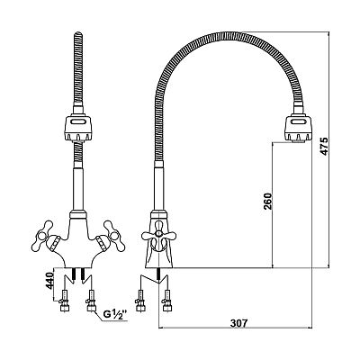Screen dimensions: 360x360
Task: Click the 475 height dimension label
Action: pos(323,146)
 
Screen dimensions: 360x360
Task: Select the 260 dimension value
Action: pos(267,202)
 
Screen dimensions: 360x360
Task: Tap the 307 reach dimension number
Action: pos(239,323)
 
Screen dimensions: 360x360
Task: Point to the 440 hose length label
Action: pos(49,280)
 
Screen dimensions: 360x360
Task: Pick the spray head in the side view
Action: pos(298,128)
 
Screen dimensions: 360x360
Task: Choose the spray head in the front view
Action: pos(77,128)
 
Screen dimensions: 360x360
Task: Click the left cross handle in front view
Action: pos(45,237)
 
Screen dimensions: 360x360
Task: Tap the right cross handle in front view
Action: pos(111,237)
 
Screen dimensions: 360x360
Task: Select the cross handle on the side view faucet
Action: pos(158,236)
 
